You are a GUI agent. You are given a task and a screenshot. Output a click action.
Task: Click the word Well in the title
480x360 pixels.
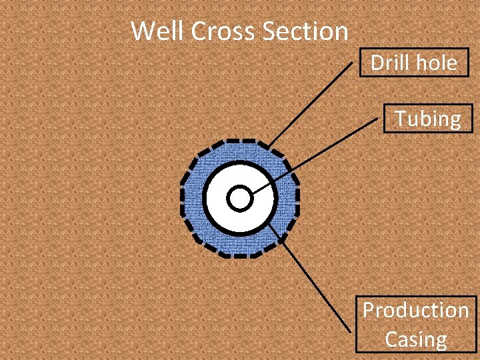tap(154, 31)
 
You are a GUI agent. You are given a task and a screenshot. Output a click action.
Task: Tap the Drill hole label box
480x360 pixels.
tap(414, 63)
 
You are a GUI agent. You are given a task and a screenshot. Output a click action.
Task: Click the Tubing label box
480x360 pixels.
tap(427, 119)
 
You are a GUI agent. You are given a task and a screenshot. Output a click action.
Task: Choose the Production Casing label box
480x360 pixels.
tap(415, 325)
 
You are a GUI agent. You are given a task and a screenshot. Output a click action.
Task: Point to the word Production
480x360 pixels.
tap(415, 311)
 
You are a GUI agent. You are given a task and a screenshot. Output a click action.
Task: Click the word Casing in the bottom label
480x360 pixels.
tap(415, 339)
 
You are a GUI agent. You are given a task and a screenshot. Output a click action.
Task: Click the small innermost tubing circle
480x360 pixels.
tap(239, 198)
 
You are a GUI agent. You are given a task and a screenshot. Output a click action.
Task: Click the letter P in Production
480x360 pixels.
tap(369, 311)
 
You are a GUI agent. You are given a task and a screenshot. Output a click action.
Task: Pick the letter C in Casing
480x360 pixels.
tap(392, 339)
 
